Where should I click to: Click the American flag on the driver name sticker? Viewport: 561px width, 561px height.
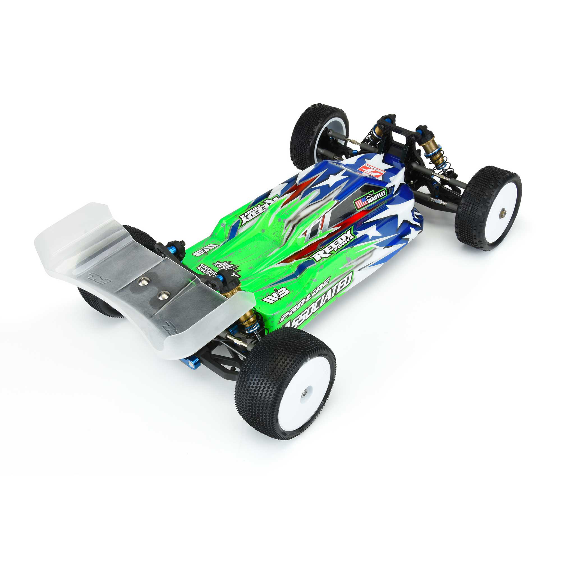pyautogui.click(x=361, y=203)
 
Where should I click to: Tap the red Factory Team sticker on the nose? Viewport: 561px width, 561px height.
pyautogui.click(x=369, y=168)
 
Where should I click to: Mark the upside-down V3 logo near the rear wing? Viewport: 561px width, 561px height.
pyautogui.click(x=205, y=249)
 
